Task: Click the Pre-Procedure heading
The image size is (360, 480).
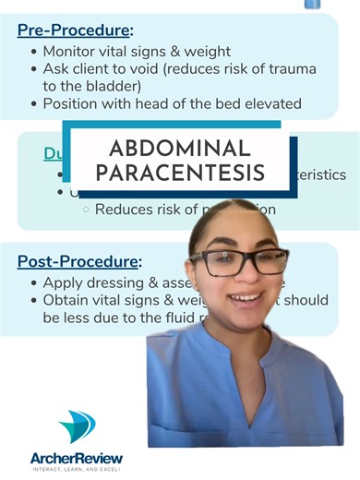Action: click(74, 30)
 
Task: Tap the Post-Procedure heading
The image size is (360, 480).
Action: click(78, 261)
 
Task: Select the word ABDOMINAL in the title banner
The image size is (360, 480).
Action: click(179, 149)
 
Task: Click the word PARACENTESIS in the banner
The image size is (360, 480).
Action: click(179, 173)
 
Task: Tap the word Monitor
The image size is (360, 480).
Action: click(73, 51)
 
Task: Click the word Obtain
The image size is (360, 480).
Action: click(67, 300)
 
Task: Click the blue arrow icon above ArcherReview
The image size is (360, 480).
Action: click(76, 426)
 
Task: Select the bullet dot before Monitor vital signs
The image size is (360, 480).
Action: click(34, 52)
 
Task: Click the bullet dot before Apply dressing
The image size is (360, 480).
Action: click(34, 283)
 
